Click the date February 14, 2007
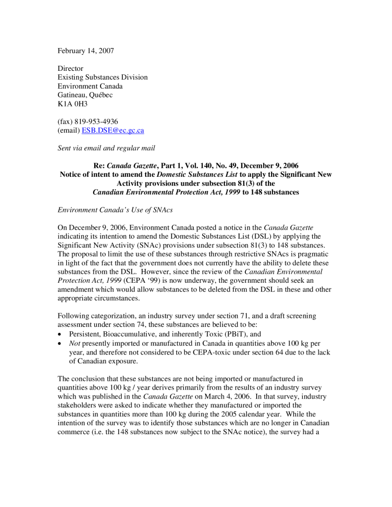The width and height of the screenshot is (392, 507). click(x=86, y=51)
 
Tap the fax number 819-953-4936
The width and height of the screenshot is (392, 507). click(x=96, y=121)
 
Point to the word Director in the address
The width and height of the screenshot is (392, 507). click(x=70, y=68)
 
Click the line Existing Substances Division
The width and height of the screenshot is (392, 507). click(x=103, y=77)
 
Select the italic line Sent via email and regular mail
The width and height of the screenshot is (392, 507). click(x=107, y=148)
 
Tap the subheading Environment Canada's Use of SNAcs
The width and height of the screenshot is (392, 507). click(x=115, y=210)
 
